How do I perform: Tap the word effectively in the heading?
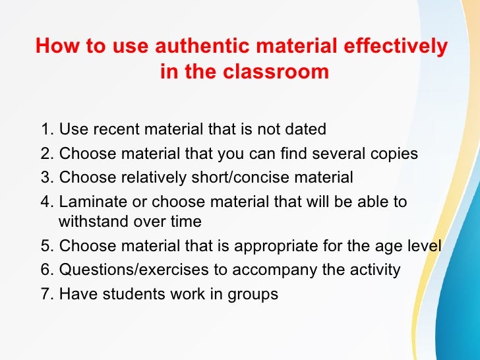coord(394,47)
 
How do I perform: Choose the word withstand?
coord(92,222)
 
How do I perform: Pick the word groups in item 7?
coord(253,295)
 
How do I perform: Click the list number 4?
coord(45,202)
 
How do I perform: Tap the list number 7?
coord(45,294)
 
